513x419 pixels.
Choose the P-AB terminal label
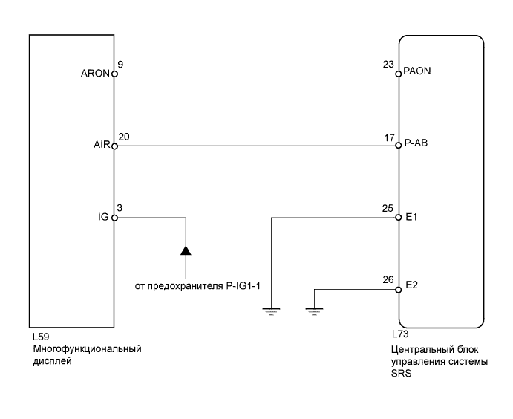(x=416, y=146)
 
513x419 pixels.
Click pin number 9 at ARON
(x=120, y=65)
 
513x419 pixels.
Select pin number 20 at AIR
(x=123, y=137)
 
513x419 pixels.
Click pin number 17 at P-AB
(x=388, y=137)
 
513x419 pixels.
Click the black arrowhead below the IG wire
(x=186, y=250)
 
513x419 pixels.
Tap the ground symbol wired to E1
(x=272, y=311)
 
